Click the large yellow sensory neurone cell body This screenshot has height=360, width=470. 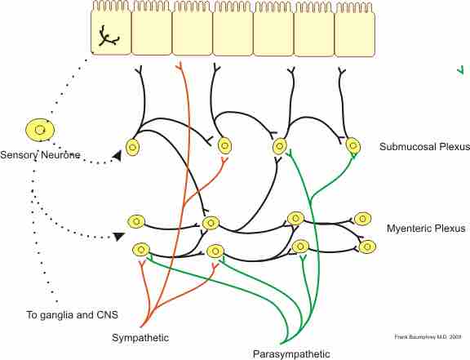[x=38, y=129]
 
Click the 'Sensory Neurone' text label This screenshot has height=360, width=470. [x=41, y=154]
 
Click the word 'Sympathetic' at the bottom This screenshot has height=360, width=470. [x=140, y=336]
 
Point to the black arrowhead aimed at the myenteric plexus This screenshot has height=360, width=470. [x=119, y=237]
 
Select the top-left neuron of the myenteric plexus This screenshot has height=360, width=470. [x=136, y=221]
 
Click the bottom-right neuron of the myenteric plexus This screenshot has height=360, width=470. [x=367, y=246]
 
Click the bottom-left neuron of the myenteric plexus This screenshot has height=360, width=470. [x=141, y=250]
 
